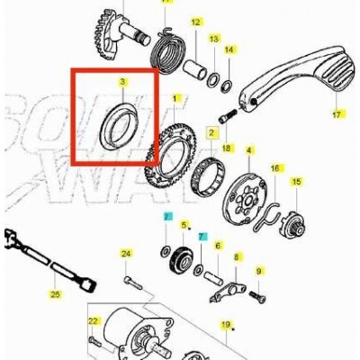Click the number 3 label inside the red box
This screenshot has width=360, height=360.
point(121,82)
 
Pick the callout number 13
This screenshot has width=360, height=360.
point(213,40)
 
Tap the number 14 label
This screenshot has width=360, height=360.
point(229,49)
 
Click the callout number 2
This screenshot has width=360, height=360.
point(211,132)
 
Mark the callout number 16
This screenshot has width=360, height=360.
point(276,167)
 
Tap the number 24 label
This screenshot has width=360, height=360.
point(127,255)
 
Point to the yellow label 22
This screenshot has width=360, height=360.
point(92,319)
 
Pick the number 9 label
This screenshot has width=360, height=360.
point(257,270)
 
